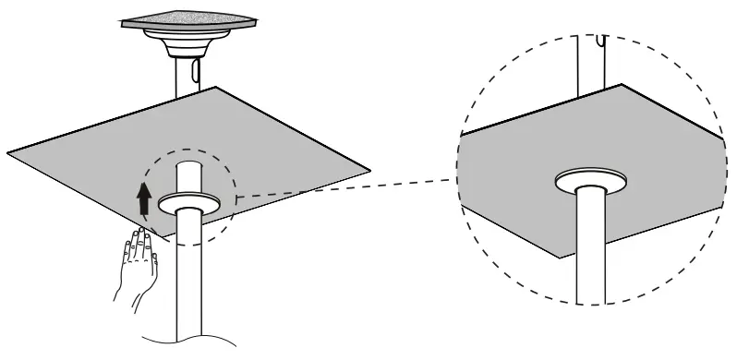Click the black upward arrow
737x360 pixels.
(x=143, y=199)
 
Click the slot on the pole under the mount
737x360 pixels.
(x=194, y=70)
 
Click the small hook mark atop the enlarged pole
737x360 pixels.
(x=601, y=41)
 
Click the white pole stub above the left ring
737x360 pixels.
(x=188, y=180)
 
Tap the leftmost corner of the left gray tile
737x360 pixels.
(x=9, y=150)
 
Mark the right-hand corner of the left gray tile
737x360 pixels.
(x=368, y=170)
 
